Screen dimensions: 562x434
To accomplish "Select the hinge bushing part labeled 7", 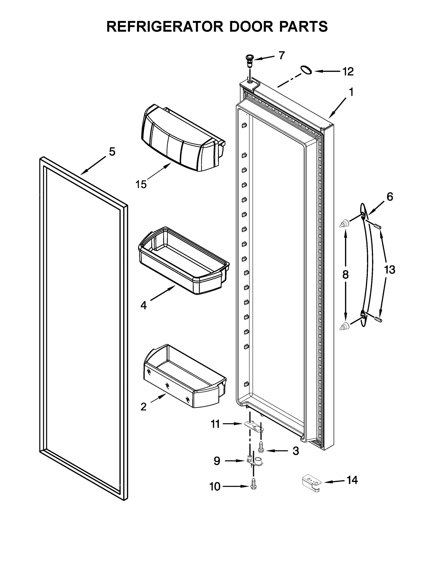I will tap(249, 60).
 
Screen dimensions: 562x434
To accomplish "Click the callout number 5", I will tap(112, 152).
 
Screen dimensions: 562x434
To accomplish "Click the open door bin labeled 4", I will tap(183, 261).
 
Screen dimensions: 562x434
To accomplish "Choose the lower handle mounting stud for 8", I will tap(344, 326).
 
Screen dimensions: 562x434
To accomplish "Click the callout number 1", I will tap(351, 92).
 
